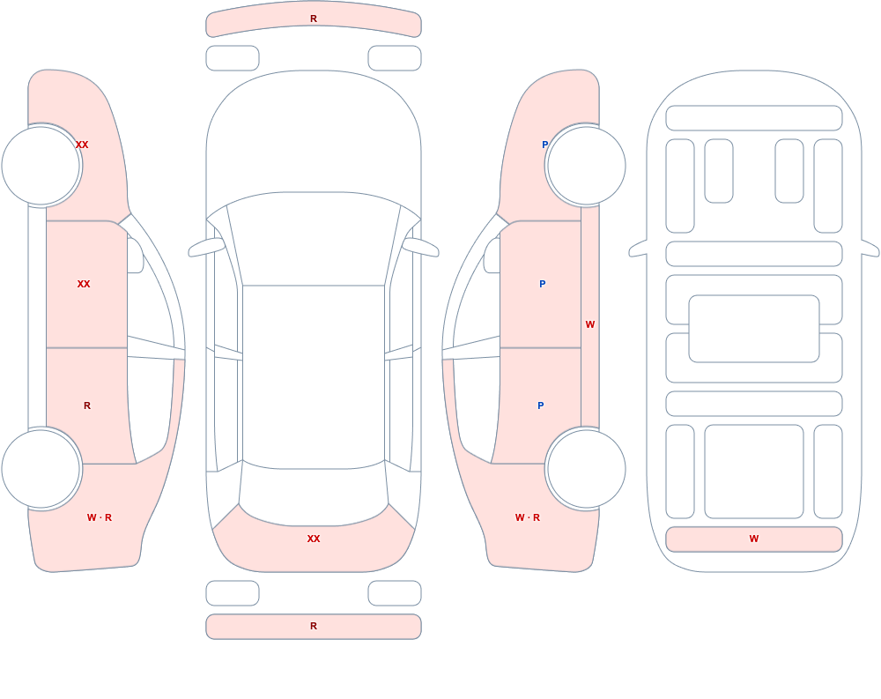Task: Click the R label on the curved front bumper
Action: pyautogui.click(x=314, y=19)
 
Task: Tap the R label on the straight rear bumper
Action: pyautogui.click(x=314, y=626)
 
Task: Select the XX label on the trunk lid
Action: pyautogui.click(x=314, y=539)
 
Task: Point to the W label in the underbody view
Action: pyautogui.click(x=754, y=539)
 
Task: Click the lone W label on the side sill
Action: pyautogui.click(x=590, y=324)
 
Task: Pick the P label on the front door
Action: pyautogui.click(x=542, y=284)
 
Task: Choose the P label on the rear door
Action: pyautogui.click(x=541, y=405)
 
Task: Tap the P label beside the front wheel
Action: pyautogui.click(x=544, y=145)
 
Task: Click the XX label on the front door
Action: pyautogui.click(x=84, y=284)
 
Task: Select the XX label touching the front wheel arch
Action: pyautogui.click(x=82, y=145)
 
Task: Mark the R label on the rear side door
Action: pyautogui.click(x=87, y=405)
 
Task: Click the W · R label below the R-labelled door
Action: pyautogui.click(x=100, y=517)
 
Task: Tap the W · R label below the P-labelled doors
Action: pyautogui.click(x=528, y=517)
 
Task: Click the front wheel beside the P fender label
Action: pyautogui.click(x=586, y=166)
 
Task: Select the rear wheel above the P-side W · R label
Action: pyautogui.click(x=586, y=468)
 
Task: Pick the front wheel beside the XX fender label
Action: pyautogui.click(x=41, y=166)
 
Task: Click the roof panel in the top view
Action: pyautogui.click(x=314, y=376)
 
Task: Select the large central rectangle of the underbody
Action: pyautogui.click(x=754, y=329)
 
